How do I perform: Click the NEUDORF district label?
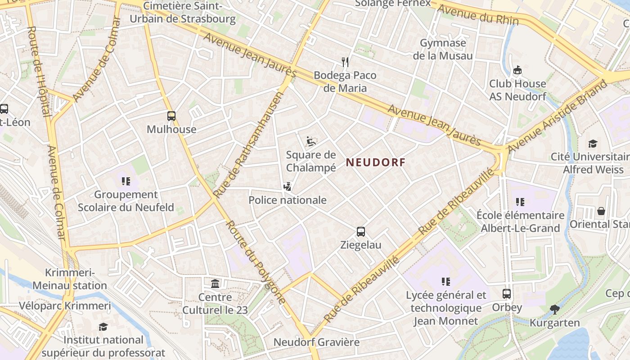pos(376,162)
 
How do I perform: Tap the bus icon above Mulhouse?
pos(171,116)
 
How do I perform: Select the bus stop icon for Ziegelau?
pos(361,232)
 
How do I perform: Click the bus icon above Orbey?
pos(507,294)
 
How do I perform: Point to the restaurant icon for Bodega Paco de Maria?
pos(345,62)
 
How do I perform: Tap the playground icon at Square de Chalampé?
pos(311,141)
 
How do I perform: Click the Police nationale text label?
pos(288,200)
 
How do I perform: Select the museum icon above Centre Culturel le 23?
pos(216,284)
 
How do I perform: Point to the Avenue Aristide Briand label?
pos(557,116)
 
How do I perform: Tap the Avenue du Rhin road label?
pos(478,15)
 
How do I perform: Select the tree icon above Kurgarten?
pos(554,309)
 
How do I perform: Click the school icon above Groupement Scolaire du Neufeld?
pos(126,181)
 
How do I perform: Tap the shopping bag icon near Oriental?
pos(601,211)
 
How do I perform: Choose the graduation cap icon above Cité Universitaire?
pos(593,144)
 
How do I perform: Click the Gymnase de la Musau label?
pos(443,49)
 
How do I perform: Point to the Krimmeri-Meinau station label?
pos(70,279)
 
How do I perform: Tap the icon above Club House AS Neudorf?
pos(517,70)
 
